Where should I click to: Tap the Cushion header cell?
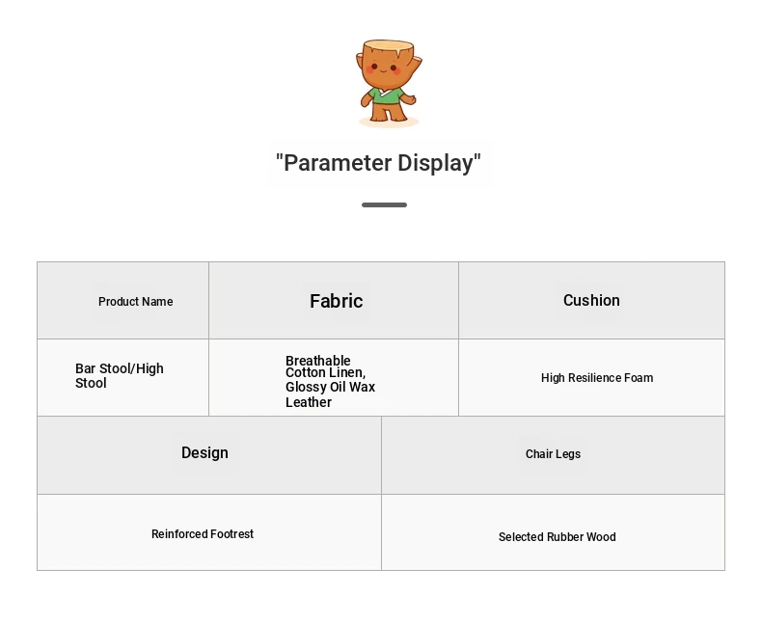(x=591, y=300)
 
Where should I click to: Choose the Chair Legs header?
(x=553, y=454)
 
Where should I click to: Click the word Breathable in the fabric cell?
(x=318, y=361)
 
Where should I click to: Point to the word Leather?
(x=309, y=402)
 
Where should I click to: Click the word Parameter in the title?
(x=338, y=163)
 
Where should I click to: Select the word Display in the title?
(x=435, y=163)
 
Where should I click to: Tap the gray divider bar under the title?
(x=385, y=205)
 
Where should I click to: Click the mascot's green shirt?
(x=387, y=95)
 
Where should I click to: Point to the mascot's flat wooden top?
(x=389, y=46)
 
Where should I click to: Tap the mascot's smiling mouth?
(x=384, y=71)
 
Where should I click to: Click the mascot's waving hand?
(x=409, y=99)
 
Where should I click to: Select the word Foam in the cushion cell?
(x=640, y=378)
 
